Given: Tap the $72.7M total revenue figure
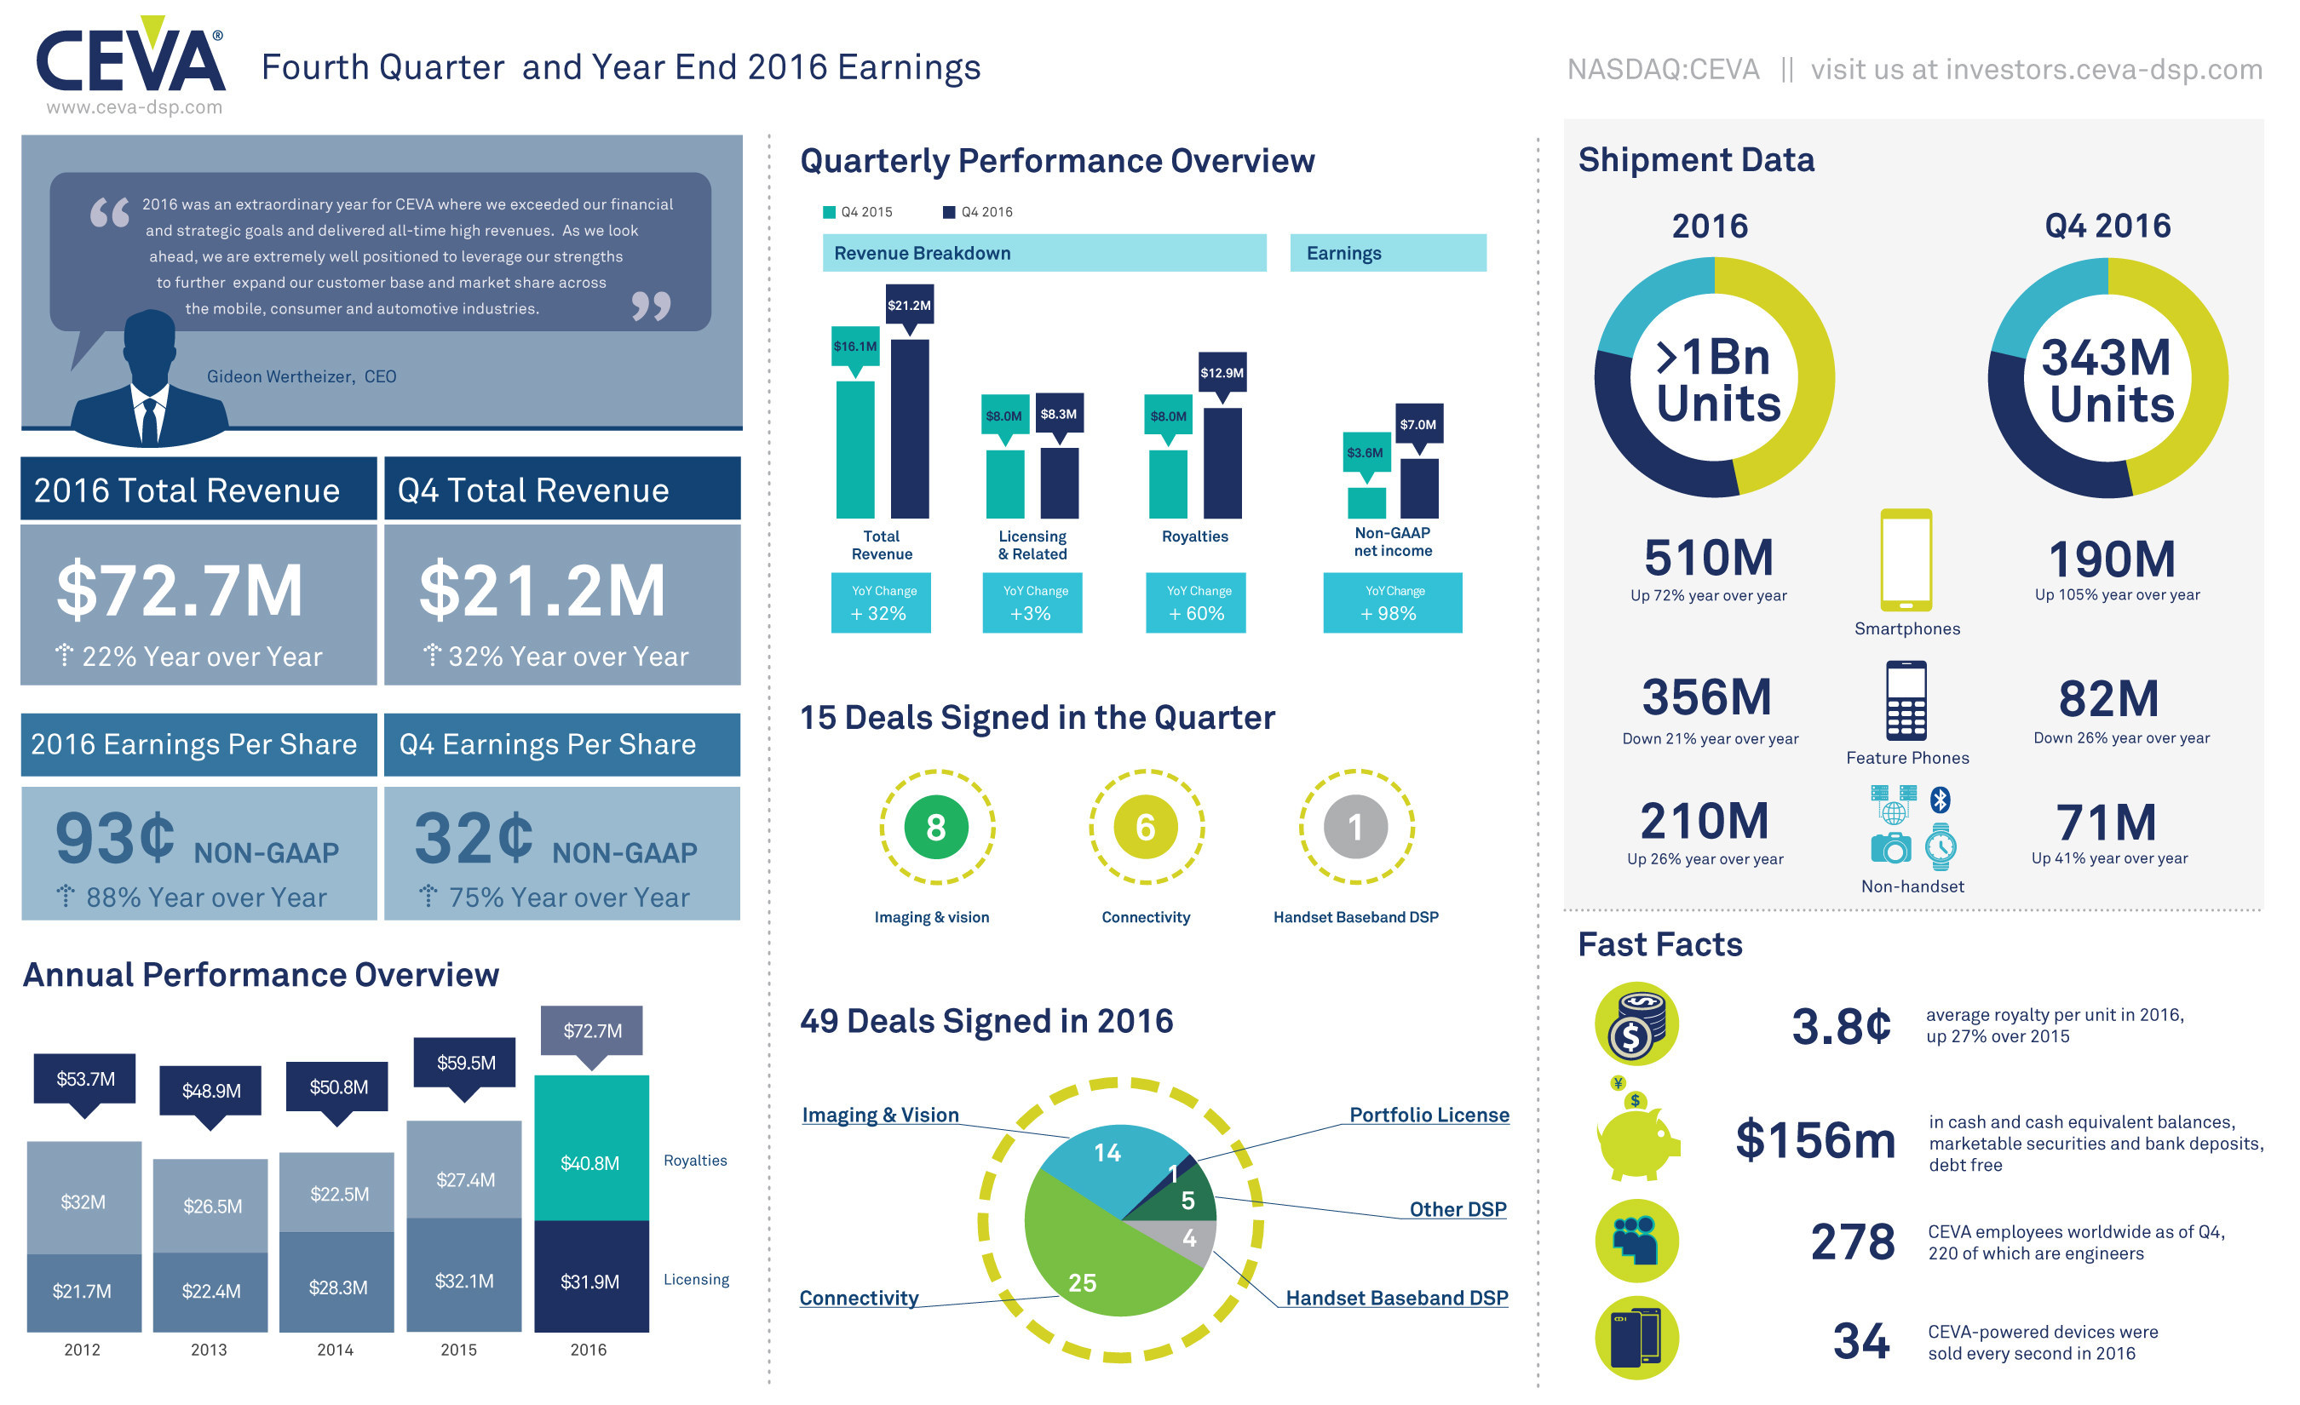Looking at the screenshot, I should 179,592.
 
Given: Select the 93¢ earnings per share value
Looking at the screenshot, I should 115,838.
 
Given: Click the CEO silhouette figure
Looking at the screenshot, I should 149,382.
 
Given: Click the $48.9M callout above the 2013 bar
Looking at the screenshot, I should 211,1092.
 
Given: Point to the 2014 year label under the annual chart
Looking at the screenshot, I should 335,1350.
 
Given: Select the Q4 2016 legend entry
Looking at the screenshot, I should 978,212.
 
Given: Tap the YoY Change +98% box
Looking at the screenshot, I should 1393,604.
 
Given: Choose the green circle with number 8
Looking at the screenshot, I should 936,828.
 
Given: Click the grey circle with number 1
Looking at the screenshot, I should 1356,828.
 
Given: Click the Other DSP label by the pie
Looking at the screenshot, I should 1458,1210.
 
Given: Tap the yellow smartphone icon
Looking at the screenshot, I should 1907,559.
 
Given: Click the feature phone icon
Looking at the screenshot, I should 1906,702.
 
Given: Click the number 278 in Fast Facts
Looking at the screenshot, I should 1853,1242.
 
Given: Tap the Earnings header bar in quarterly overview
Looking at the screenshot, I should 1388,254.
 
